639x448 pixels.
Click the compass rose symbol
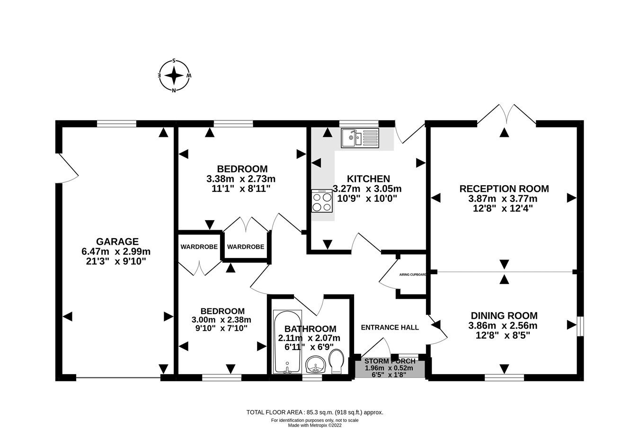(174, 76)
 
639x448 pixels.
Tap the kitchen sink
(359, 138)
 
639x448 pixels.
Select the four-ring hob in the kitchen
(322, 201)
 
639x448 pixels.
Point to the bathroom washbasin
(315, 365)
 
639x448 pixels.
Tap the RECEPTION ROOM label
(504, 188)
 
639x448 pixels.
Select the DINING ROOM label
(504, 315)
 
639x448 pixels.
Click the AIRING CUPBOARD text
(413, 275)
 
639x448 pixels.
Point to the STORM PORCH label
(390, 361)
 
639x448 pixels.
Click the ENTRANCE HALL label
(390, 327)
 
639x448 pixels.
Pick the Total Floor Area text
(315, 412)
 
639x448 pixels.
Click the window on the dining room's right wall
(580, 326)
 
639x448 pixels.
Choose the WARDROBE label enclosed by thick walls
(245, 247)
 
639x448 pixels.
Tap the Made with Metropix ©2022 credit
(315, 425)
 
